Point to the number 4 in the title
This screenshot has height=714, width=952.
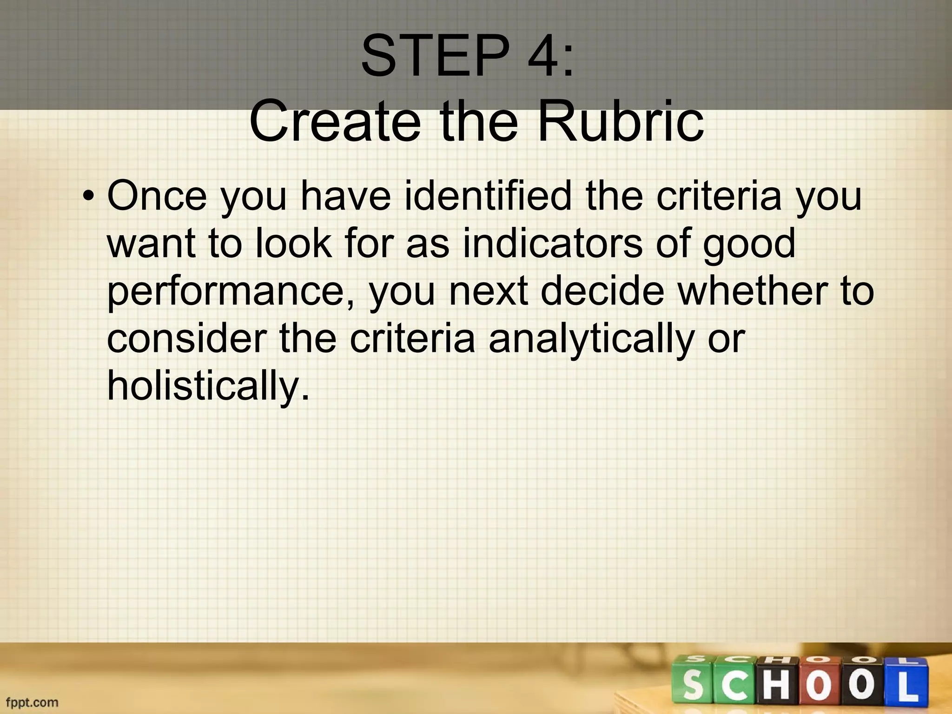[x=542, y=56]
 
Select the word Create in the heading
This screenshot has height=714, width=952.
[x=334, y=121]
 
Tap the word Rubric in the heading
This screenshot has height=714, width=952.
[x=620, y=121]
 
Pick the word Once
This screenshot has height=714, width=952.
[x=157, y=196]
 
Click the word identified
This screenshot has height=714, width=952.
[x=488, y=196]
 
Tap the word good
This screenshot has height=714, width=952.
[x=749, y=245]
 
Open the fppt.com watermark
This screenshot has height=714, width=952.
[x=32, y=701]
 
